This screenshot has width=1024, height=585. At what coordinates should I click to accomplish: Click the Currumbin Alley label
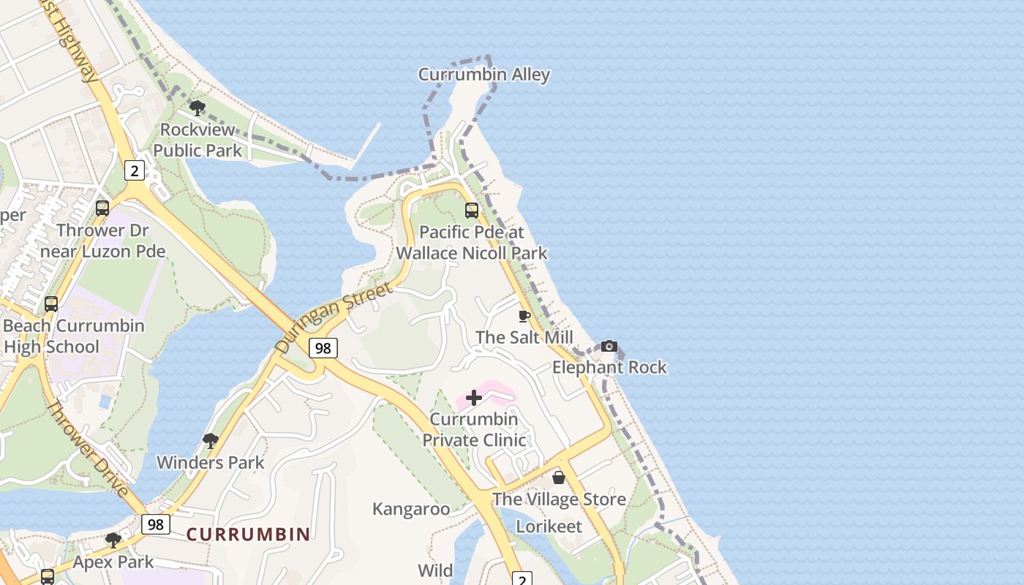click(x=483, y=75)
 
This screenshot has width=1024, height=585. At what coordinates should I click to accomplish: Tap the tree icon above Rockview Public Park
click(x=197, y=108)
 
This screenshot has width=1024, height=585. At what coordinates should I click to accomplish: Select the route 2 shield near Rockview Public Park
click(x=134, y=170)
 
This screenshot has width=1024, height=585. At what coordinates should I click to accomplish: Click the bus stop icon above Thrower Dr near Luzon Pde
click(x=102, y=208)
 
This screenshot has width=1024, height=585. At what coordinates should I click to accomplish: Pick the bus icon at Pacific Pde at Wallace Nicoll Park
click(x=472, y=211)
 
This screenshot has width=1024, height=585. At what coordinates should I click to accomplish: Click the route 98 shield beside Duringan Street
click(x=323, y=348)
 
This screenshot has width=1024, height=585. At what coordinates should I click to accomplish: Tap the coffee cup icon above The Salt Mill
click(x=524, y=316)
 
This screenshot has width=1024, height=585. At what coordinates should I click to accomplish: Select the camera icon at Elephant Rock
click(x=609, y=346)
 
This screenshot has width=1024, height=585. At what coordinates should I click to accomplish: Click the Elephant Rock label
click(x=609, y=367)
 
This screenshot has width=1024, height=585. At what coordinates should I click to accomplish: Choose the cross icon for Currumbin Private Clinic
click(x=474, y=398)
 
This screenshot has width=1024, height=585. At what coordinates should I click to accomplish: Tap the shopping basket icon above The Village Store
click(x=559, y=478)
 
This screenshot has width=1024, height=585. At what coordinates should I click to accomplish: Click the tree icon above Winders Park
click(x=211, y=440)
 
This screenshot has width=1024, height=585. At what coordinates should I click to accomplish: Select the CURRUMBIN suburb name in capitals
click(x=248, y=535)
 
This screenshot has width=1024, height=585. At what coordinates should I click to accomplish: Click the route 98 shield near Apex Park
click(x=155, y=524)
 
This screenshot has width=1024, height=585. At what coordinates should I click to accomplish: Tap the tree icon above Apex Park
click(x=113, y=540)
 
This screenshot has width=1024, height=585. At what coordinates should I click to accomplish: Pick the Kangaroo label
click(x=411, y=509)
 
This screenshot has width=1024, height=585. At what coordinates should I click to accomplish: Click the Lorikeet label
click(x=549, y=526)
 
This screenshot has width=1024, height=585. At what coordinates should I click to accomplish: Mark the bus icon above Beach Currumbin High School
click(x=51, y=303)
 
